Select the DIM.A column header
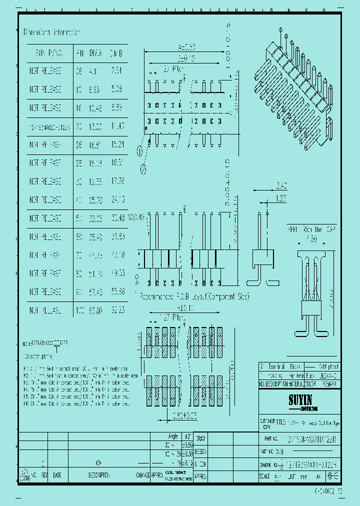point(95,52)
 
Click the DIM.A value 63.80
point(95,310)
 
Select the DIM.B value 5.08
point(116,89)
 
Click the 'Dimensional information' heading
point(51,32)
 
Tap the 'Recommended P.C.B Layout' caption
point(194,296)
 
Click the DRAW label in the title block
point(200,438)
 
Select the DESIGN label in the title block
point(200,450)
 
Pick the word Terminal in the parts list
point(277,366)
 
